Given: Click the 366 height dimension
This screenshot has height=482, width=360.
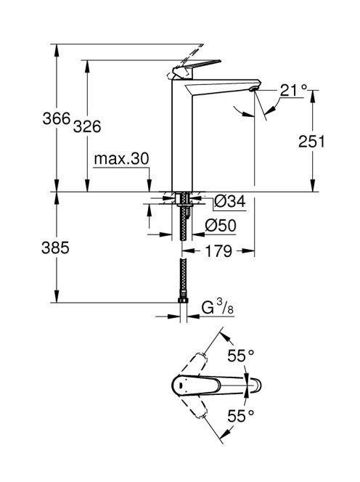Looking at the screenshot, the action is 57,118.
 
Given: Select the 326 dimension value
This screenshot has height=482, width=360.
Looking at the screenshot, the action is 87,126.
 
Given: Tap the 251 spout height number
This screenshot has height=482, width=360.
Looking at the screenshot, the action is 311,142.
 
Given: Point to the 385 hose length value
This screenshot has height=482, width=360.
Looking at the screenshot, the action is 55,248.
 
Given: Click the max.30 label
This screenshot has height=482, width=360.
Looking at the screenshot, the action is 121,159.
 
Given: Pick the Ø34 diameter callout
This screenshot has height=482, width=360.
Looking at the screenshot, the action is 229,202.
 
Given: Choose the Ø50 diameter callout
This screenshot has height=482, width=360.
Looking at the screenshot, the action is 221,225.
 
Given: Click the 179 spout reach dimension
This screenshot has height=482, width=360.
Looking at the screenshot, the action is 218,251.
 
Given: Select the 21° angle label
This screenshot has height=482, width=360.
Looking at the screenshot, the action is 294,91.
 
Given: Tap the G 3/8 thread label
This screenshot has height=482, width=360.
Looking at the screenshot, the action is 218,307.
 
